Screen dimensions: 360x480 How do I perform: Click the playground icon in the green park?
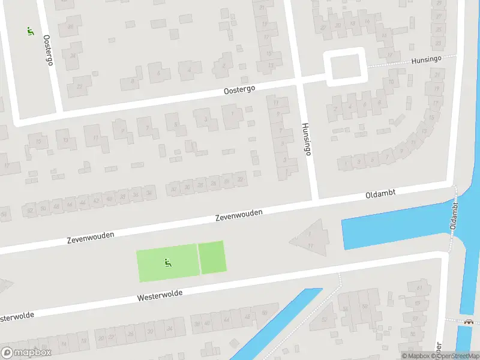click(167, 262)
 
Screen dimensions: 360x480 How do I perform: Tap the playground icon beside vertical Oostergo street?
click(30, 31)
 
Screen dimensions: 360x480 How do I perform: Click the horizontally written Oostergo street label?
click(239, 89)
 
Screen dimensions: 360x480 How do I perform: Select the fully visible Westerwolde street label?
click(159, 295)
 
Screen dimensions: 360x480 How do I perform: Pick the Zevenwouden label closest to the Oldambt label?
click(239, 216)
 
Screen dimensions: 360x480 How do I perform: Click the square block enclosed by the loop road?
click(345, 67)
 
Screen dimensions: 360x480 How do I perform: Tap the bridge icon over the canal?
click(469, 322)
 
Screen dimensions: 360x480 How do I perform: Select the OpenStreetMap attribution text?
click(457, 356)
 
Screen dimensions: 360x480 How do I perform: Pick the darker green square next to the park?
click(211, 257)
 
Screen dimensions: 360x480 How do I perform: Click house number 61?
click(418, 289)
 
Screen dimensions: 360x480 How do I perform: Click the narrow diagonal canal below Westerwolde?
click(276, 327)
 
